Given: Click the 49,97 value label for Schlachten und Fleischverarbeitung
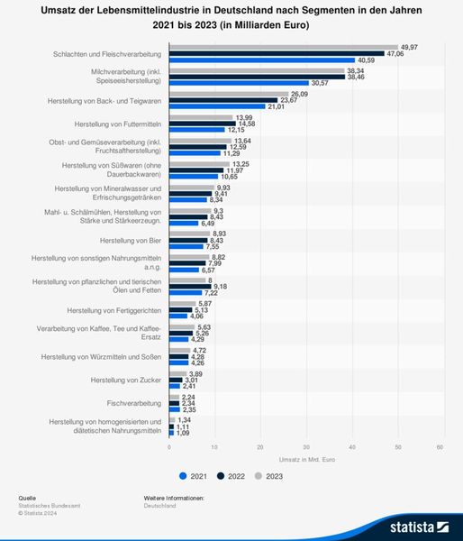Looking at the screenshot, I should click(411, 46).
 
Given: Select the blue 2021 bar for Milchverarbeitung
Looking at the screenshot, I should click(238, 83).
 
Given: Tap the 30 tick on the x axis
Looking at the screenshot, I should click(305, 447).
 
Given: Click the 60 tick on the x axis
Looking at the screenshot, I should click(440, 447).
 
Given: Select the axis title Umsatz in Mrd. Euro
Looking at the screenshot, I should click(304, 460).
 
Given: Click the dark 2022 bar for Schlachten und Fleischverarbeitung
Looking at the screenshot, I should click(276, 53).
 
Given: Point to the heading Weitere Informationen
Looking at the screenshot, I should click(174, 498).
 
